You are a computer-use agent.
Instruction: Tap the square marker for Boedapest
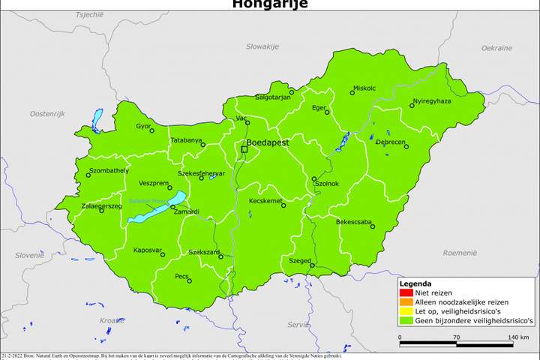click(x=244, y=150)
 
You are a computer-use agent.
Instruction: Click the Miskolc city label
click(x=364, y=88)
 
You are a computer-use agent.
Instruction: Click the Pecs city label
click(x=181, y=276)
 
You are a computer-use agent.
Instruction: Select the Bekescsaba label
click(x=355, y=222)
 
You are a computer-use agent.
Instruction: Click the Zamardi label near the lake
click(x=186, y=211)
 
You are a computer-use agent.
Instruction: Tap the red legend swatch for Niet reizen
click(x=405, y=293)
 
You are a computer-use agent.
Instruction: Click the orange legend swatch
click(x=405, y=301)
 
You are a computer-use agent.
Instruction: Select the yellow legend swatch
click(x=405, y=310)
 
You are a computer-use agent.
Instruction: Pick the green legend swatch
click(x=405, y=319)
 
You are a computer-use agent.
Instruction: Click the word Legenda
click(x=415, y=284)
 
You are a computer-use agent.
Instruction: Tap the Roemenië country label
click(x=460, y=253)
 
